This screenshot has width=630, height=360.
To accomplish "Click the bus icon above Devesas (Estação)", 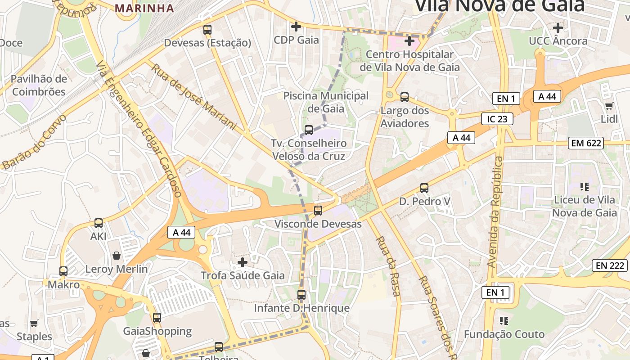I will pyautogui.click(x=207, y=30).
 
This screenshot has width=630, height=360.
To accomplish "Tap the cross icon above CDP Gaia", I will pyautogui.click(x=296, y=27).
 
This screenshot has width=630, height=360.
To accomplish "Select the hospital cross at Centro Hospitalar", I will pyautogui.click(x=409, y=41).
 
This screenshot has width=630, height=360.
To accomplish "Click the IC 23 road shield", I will pyautogui.click(x=497, y=119).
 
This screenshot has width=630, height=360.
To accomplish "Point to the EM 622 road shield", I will pyautogui.click(x=585, y=143).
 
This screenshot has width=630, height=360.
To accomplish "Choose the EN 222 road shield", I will pyautogui.click(x=610, y=265).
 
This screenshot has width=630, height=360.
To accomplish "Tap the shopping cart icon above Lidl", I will pyautogui.click(x=609, y=106).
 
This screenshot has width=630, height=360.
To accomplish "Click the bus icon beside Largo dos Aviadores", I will pyautogui.click(x=405, y=97).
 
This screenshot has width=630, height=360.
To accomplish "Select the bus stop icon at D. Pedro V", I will pyautogui.click(x=424, y=188).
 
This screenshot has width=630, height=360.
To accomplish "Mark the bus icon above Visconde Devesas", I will pyautogui.click(x=318, y=210).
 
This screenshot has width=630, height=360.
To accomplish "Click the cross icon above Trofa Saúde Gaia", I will pyautogui.click(x=243, y=262).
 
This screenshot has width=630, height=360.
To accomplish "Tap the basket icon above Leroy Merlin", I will pyautogui.click(x=117, y=256).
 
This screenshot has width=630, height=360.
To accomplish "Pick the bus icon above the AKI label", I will pyautogui.click(x=98, y=223).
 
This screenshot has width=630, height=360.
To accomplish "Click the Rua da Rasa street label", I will pyautogui.click(x=387, y=266).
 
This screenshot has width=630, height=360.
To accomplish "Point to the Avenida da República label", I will pyautogui.click(x=496, y=211).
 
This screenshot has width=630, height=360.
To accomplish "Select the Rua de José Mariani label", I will pyautogui.click(x=193, y=96).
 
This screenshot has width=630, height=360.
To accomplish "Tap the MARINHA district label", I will pyautogui.click(x=144, y=8).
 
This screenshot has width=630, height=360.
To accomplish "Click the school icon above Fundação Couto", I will pyautogui.click(x=504, y=320).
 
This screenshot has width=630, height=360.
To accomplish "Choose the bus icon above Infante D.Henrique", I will pyautogui.click(x=301, y=295).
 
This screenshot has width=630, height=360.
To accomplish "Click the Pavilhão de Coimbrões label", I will pyautogui.click(x=39, y=85).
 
